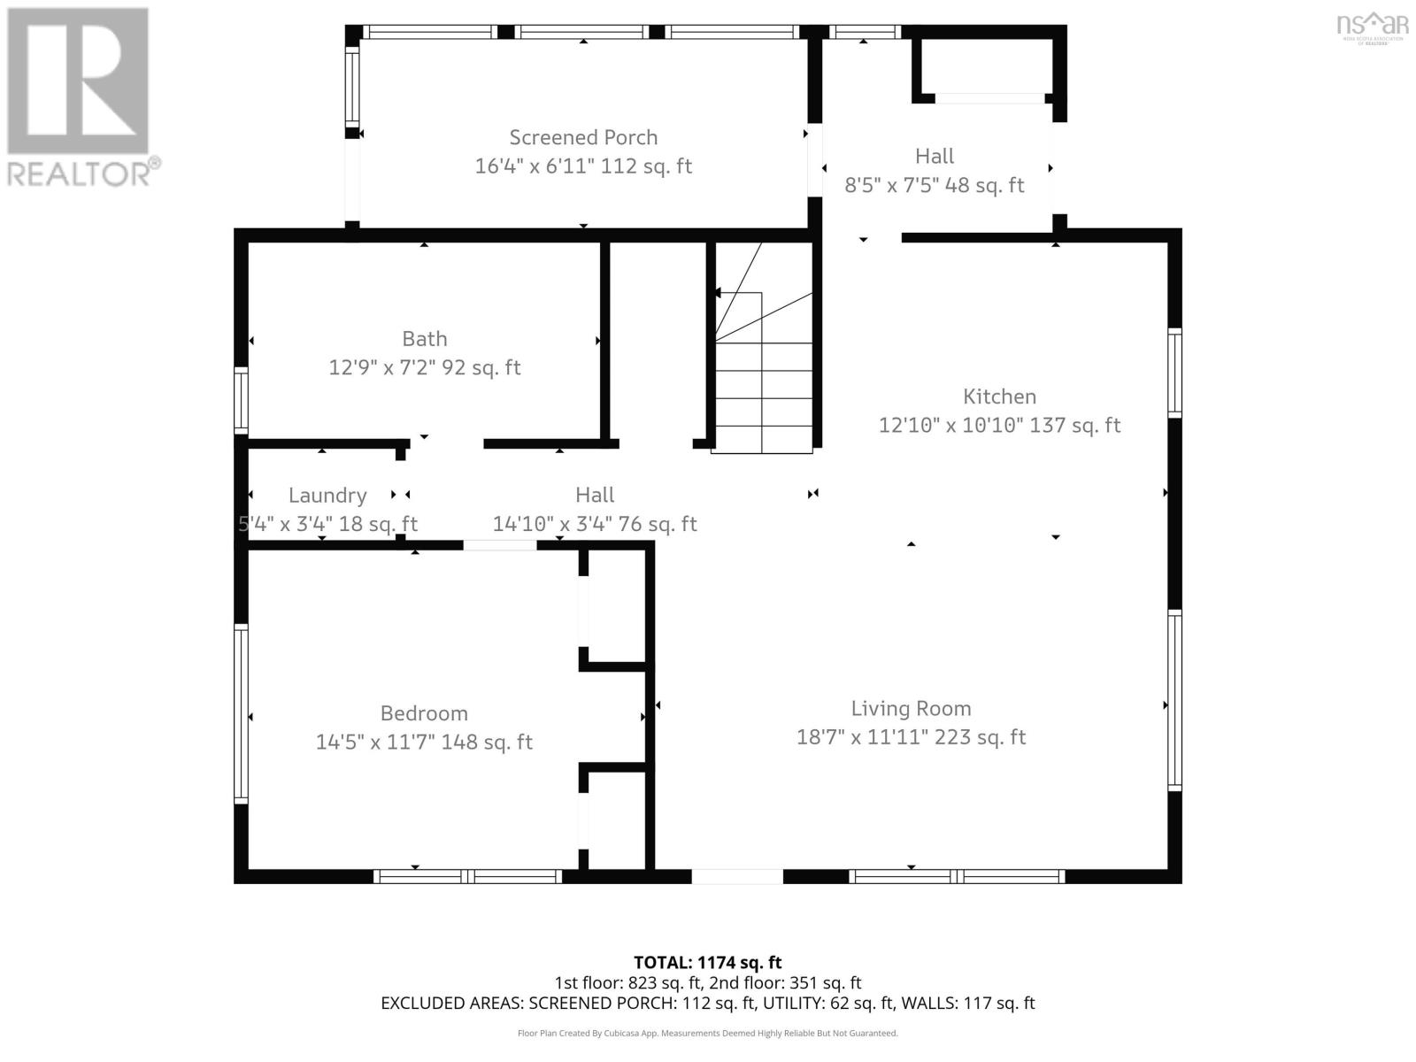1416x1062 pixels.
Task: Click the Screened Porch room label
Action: (x=583, y=137)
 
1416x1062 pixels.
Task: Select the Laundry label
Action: (x=327, y=496)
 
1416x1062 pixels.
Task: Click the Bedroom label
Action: (x=424, y=713)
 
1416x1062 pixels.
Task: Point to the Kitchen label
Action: (x=999, y=396)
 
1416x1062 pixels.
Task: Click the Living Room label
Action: (x=911, y=708)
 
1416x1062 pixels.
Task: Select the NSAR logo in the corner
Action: (x=1372, y=27)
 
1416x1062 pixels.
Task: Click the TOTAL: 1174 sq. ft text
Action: (x=707, y=962)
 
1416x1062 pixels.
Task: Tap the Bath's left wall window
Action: (x=241, y=400)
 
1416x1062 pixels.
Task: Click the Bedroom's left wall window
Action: (x=241, y=712)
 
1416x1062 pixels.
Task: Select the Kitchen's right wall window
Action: (x=1174, y=372)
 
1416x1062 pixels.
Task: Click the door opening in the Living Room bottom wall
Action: (x=736, y=876)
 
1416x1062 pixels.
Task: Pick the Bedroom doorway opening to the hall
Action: (x=500, y=545)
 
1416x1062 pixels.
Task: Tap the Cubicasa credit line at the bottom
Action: (x=707, y=1033)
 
